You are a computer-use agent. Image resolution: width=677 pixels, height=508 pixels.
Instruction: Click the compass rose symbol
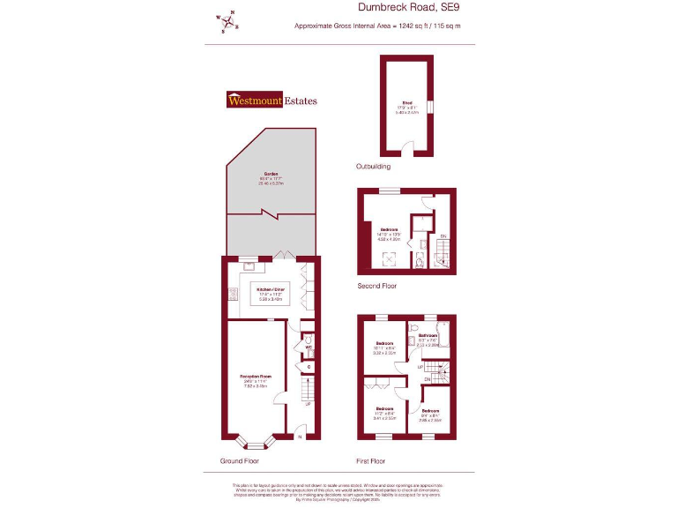pyautogui.click(x=227, y=21)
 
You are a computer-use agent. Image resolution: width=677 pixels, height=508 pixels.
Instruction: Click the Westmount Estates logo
pyautogui.click(x=272, y=100)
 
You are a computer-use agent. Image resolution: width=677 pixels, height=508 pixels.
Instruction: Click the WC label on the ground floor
pyautogui.click(x=309, y=347)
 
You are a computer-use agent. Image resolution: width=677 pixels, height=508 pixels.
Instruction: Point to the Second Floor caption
pyautogui.click(x=376, y=287)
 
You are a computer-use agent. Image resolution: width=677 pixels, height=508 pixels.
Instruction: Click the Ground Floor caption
pyautogui.click(x=239, y=461)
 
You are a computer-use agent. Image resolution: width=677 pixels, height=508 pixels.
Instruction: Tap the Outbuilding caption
pyautogui.click(x=373, y=166)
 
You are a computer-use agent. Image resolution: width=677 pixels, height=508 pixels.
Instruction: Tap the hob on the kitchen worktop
pyautogui.click(x=234, y=295)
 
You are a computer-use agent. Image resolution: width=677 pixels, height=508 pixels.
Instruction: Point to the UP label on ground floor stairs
pyautogui.click(x=308, y=404)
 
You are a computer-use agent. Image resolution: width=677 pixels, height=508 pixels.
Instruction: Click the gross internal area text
pyautogui.click(x=377, y=26)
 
